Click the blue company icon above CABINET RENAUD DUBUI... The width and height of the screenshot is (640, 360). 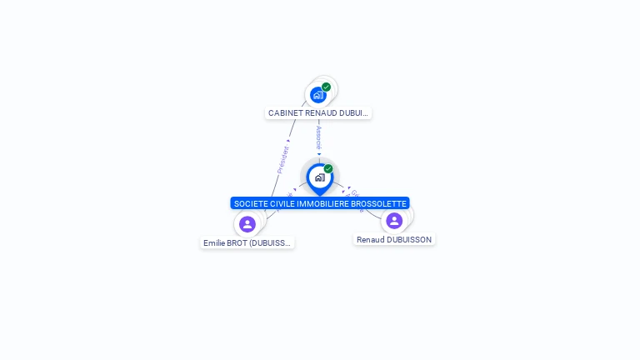(317, 95)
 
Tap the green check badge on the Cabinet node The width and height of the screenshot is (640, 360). (326, 87)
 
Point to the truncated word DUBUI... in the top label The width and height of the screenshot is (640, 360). (354, 112)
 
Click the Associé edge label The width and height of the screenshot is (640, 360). (318, 137)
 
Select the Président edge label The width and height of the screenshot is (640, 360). (283, 159)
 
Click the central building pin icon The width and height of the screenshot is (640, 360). (319, 177)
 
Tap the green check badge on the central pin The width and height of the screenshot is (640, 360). (328, 168)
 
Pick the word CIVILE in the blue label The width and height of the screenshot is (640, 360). (285, 203)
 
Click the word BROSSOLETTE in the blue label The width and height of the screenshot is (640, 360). (380, 203)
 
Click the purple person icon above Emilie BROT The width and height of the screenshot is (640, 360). (247, 224)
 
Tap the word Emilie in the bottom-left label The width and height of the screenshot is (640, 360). (215, 243)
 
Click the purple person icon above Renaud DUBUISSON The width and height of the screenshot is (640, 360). (394, 221)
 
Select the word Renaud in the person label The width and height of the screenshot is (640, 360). (371, 240)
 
